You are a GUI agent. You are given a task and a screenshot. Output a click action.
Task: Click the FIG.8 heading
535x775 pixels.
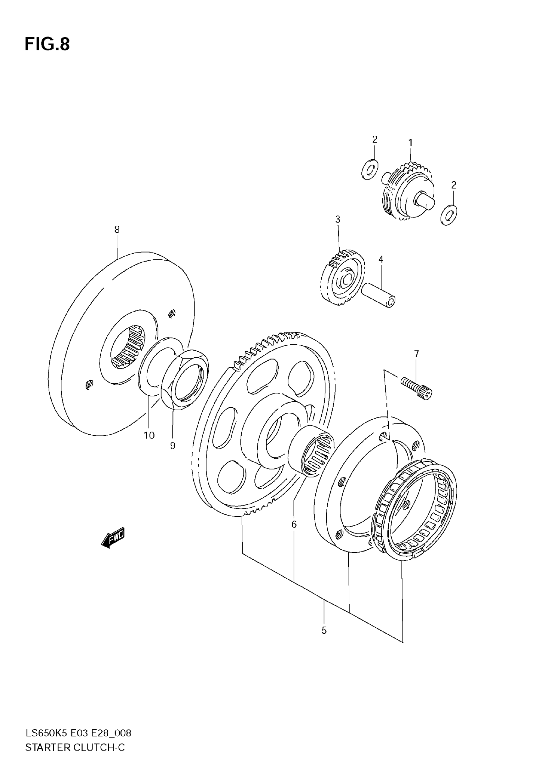47,44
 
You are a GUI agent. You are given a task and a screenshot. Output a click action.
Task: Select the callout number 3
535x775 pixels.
338,219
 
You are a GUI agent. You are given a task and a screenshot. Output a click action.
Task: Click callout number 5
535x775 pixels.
324,631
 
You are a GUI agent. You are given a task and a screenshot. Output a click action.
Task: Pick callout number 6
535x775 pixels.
294,524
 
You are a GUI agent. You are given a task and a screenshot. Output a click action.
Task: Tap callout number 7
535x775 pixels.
416,354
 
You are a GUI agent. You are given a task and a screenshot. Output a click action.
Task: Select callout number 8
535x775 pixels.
117,229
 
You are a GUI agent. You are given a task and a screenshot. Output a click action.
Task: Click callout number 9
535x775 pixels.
173,445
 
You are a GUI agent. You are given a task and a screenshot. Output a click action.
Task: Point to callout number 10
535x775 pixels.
149,435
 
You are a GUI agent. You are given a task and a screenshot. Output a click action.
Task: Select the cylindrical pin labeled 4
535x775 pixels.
379,295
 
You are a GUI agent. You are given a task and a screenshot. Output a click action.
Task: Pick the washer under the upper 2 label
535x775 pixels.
370,170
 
